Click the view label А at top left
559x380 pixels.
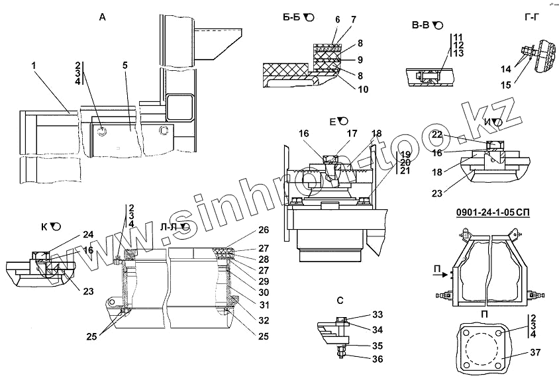102,18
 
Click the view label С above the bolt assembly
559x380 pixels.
340,300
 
